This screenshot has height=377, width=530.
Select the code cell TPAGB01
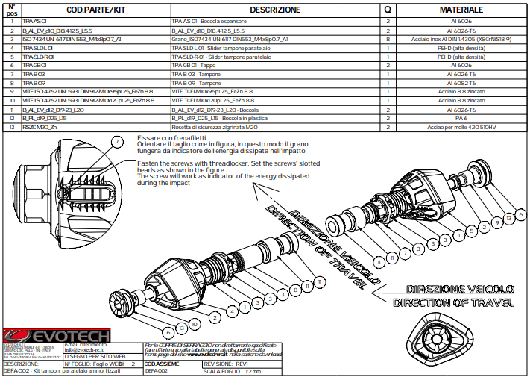coord(36,65)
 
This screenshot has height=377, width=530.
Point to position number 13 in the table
coord(11,128)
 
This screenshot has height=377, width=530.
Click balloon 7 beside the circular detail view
coord(116,141)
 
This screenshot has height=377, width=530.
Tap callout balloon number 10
coord(195,325)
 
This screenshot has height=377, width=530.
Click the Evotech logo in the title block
coord(56,336)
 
